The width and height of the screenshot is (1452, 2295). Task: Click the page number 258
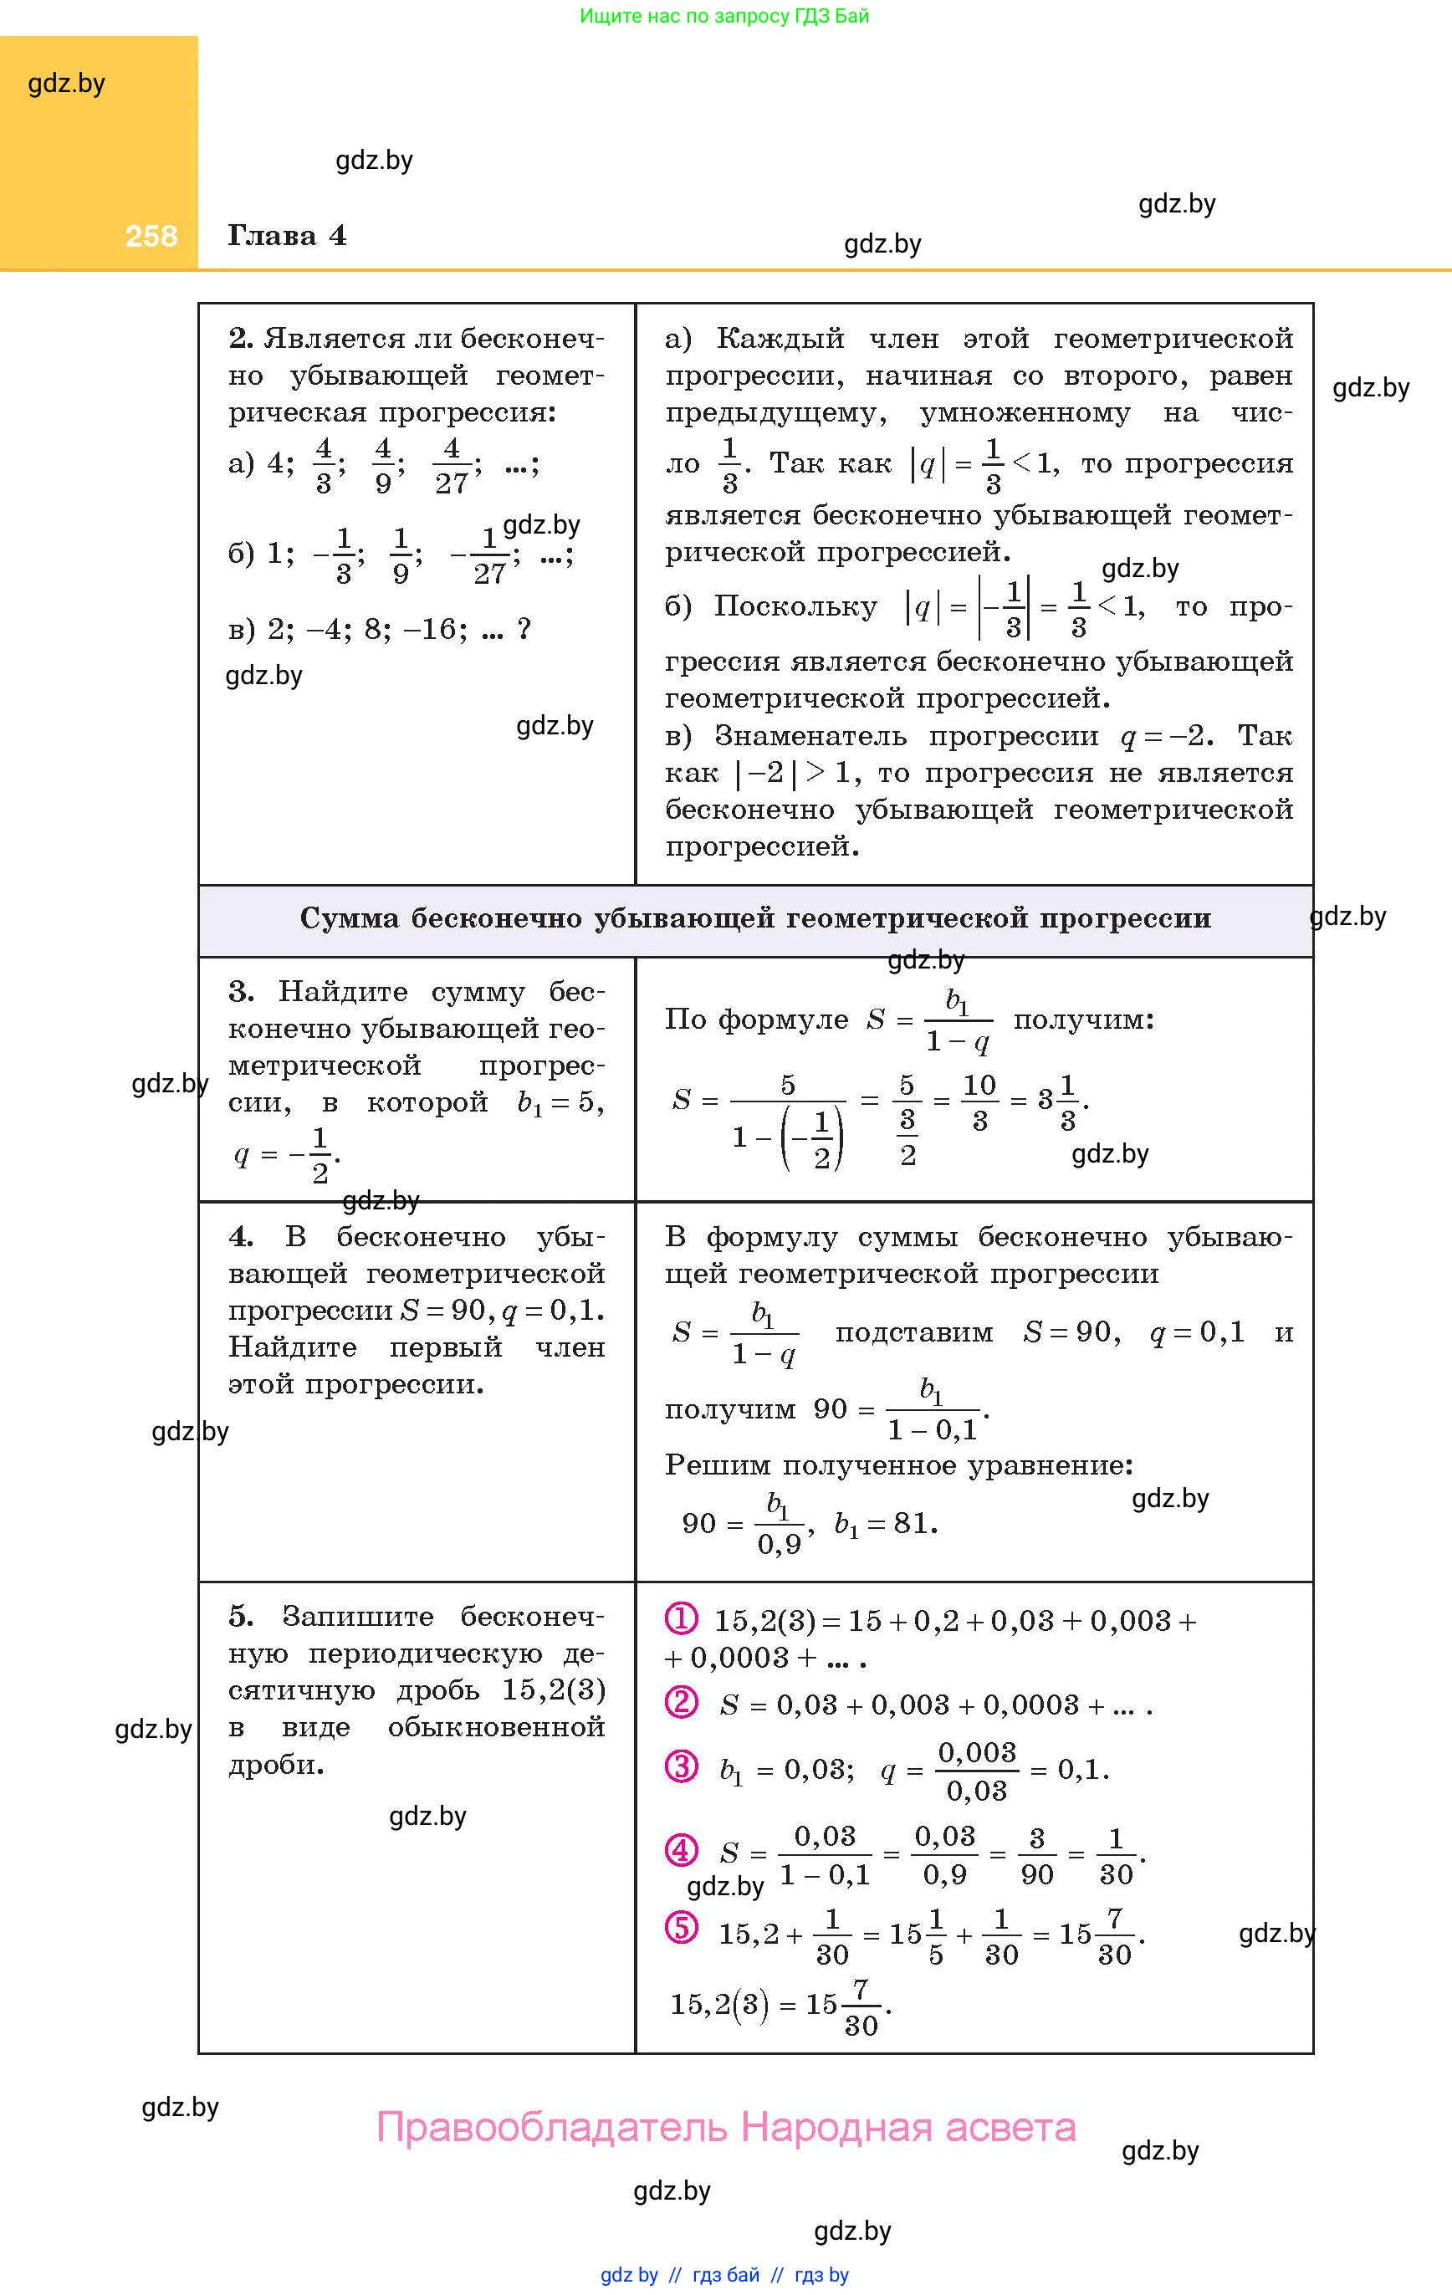tap(151, 237)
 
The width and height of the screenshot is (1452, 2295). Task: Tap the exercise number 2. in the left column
tap(240, 339)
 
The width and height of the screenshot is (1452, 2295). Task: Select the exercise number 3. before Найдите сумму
tap(240, 992)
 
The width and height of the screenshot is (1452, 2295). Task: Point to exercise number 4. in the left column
tap(240, 1237)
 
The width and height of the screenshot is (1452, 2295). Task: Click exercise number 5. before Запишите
tap(240, 1617)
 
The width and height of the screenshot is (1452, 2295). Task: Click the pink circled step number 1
tap(681, 1618)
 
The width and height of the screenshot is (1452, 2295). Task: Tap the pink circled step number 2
tap(681, 1702)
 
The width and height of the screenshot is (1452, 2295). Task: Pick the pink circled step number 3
tap(681, 1766)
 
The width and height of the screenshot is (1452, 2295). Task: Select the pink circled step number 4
tap(681, 1851)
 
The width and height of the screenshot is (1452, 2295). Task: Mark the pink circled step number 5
tap(681, 1927)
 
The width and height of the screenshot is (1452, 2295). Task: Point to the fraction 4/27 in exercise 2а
tap(452, 466)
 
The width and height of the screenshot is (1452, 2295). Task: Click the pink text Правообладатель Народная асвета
tap(725, 2127)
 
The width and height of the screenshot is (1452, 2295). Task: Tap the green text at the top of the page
tap(723, 16)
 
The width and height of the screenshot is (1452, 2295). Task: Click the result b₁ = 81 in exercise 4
tap(885, 1524)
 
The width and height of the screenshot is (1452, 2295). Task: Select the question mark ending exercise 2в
tap(523, 630)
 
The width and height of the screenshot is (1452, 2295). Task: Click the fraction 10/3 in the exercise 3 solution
tap(979, 1101)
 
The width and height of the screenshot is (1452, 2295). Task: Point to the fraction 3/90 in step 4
tap(1036, 1856)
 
